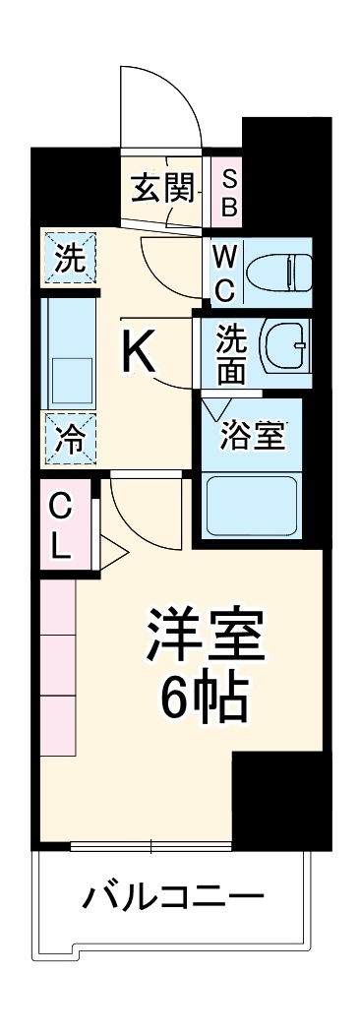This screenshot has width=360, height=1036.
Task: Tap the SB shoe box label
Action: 228,191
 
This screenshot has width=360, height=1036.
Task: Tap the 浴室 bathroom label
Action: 253,436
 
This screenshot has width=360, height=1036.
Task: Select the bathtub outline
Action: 252,506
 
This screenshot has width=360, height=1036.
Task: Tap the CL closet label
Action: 61,526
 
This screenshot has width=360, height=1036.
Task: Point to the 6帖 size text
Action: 206,701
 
